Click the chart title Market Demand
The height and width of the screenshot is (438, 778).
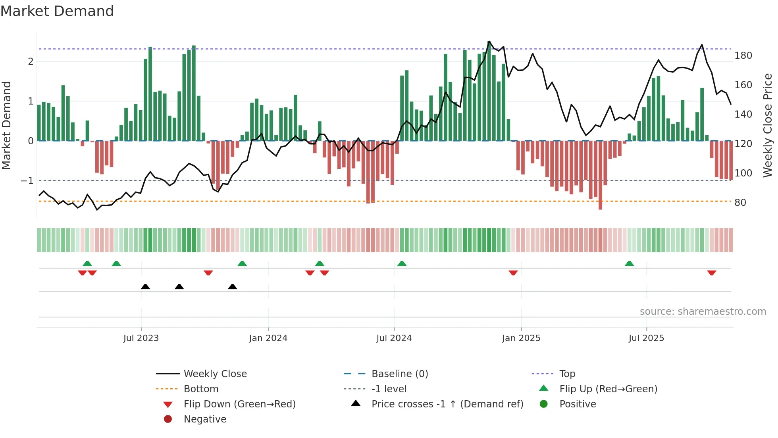coord(57,11)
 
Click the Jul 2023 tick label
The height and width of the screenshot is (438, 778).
coord(141,338)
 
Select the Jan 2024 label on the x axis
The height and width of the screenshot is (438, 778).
coord(268,338)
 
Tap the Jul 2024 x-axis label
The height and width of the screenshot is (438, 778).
coord(394,338)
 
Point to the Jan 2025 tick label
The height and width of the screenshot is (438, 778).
coord(521,338)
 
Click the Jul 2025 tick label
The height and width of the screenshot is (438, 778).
coord(646,338)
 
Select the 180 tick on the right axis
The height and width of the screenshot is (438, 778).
coord(743,56)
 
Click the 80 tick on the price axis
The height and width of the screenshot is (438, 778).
coord(740,203)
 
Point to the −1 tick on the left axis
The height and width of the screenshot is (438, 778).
coord(27,181)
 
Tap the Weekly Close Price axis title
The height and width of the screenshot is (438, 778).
coord(768,125)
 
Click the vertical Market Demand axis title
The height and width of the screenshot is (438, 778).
coord(6,125)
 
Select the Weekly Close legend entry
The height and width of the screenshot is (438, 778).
coord(215,374)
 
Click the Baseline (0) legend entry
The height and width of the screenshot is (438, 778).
coord(399,374)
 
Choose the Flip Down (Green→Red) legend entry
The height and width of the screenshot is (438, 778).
coord(239,404)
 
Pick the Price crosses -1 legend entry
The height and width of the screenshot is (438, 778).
coord(447,404)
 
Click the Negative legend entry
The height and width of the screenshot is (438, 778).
coord(205,419)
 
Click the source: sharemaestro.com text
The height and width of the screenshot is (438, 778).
coord(703,312)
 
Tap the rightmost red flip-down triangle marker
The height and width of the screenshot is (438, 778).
coord(711,273)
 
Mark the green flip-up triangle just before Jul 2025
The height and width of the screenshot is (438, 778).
coord(629,264)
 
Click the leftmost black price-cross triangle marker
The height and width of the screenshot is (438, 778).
coord(145,287)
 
